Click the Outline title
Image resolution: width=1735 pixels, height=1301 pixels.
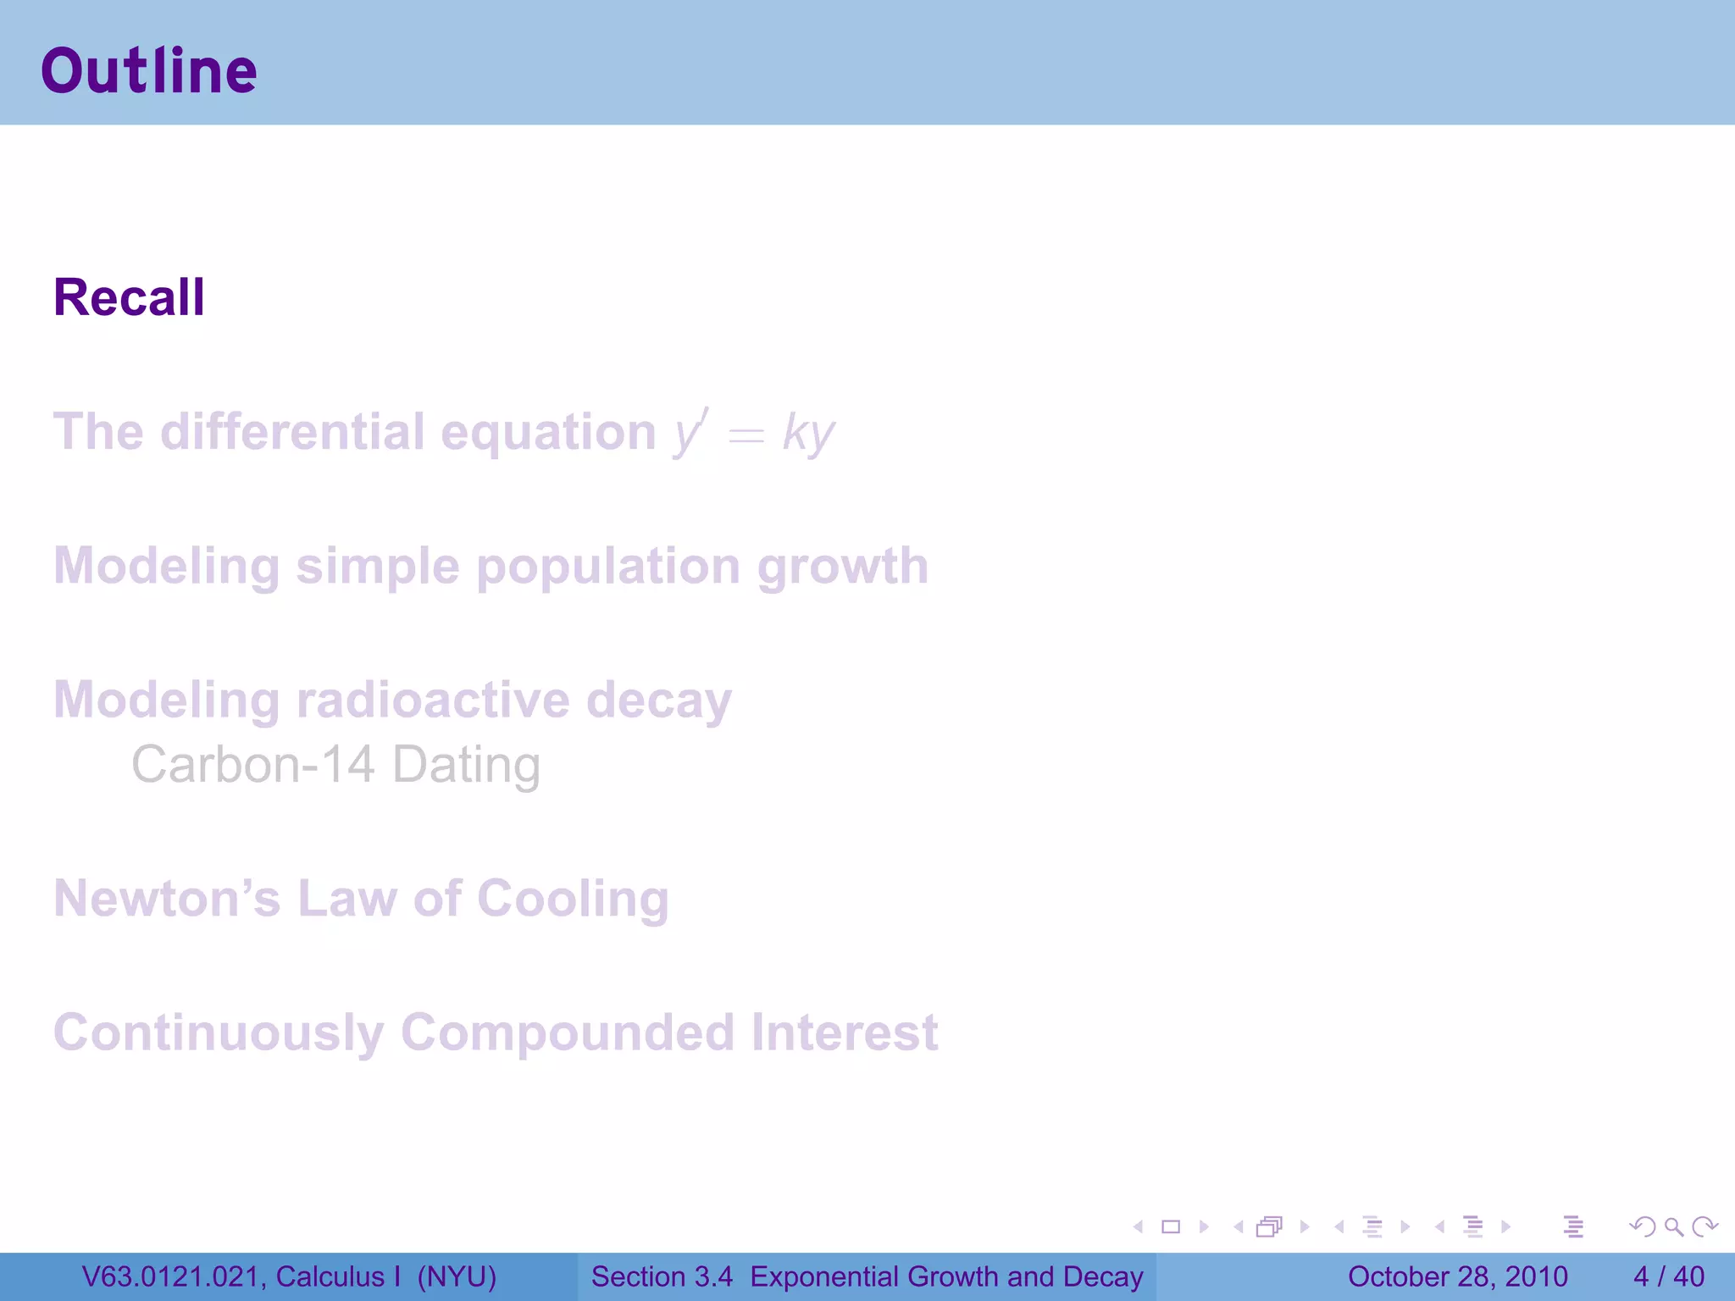149,71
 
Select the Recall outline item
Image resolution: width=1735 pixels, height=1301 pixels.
129,298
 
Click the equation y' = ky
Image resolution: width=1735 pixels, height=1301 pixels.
754,433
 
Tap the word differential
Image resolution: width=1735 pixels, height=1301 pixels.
292,432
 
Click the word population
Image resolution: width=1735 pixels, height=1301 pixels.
608,567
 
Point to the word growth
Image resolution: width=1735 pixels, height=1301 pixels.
843,567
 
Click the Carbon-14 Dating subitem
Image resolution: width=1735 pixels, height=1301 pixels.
335,765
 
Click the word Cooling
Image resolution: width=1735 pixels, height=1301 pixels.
573,899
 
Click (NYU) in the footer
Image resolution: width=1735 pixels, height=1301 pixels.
457,1276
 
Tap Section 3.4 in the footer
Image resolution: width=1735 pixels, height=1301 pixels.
662,1276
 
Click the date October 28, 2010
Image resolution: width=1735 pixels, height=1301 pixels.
1457,1276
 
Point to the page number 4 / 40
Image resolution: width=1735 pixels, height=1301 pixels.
1668,1276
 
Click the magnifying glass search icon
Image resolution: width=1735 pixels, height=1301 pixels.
1673,1226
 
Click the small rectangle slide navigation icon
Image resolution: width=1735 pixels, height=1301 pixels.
1171,1226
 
